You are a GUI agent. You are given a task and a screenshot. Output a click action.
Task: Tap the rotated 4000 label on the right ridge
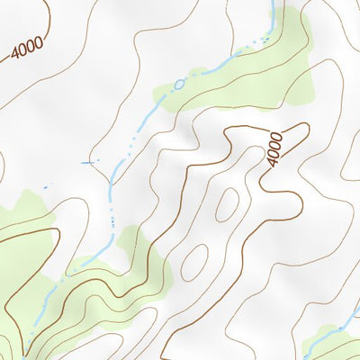(276, 148)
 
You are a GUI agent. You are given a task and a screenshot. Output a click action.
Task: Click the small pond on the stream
(178, 85)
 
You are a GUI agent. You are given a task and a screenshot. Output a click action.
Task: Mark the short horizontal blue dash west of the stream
(87, 162)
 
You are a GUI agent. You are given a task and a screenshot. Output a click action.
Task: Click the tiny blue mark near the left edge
(45, 186)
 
